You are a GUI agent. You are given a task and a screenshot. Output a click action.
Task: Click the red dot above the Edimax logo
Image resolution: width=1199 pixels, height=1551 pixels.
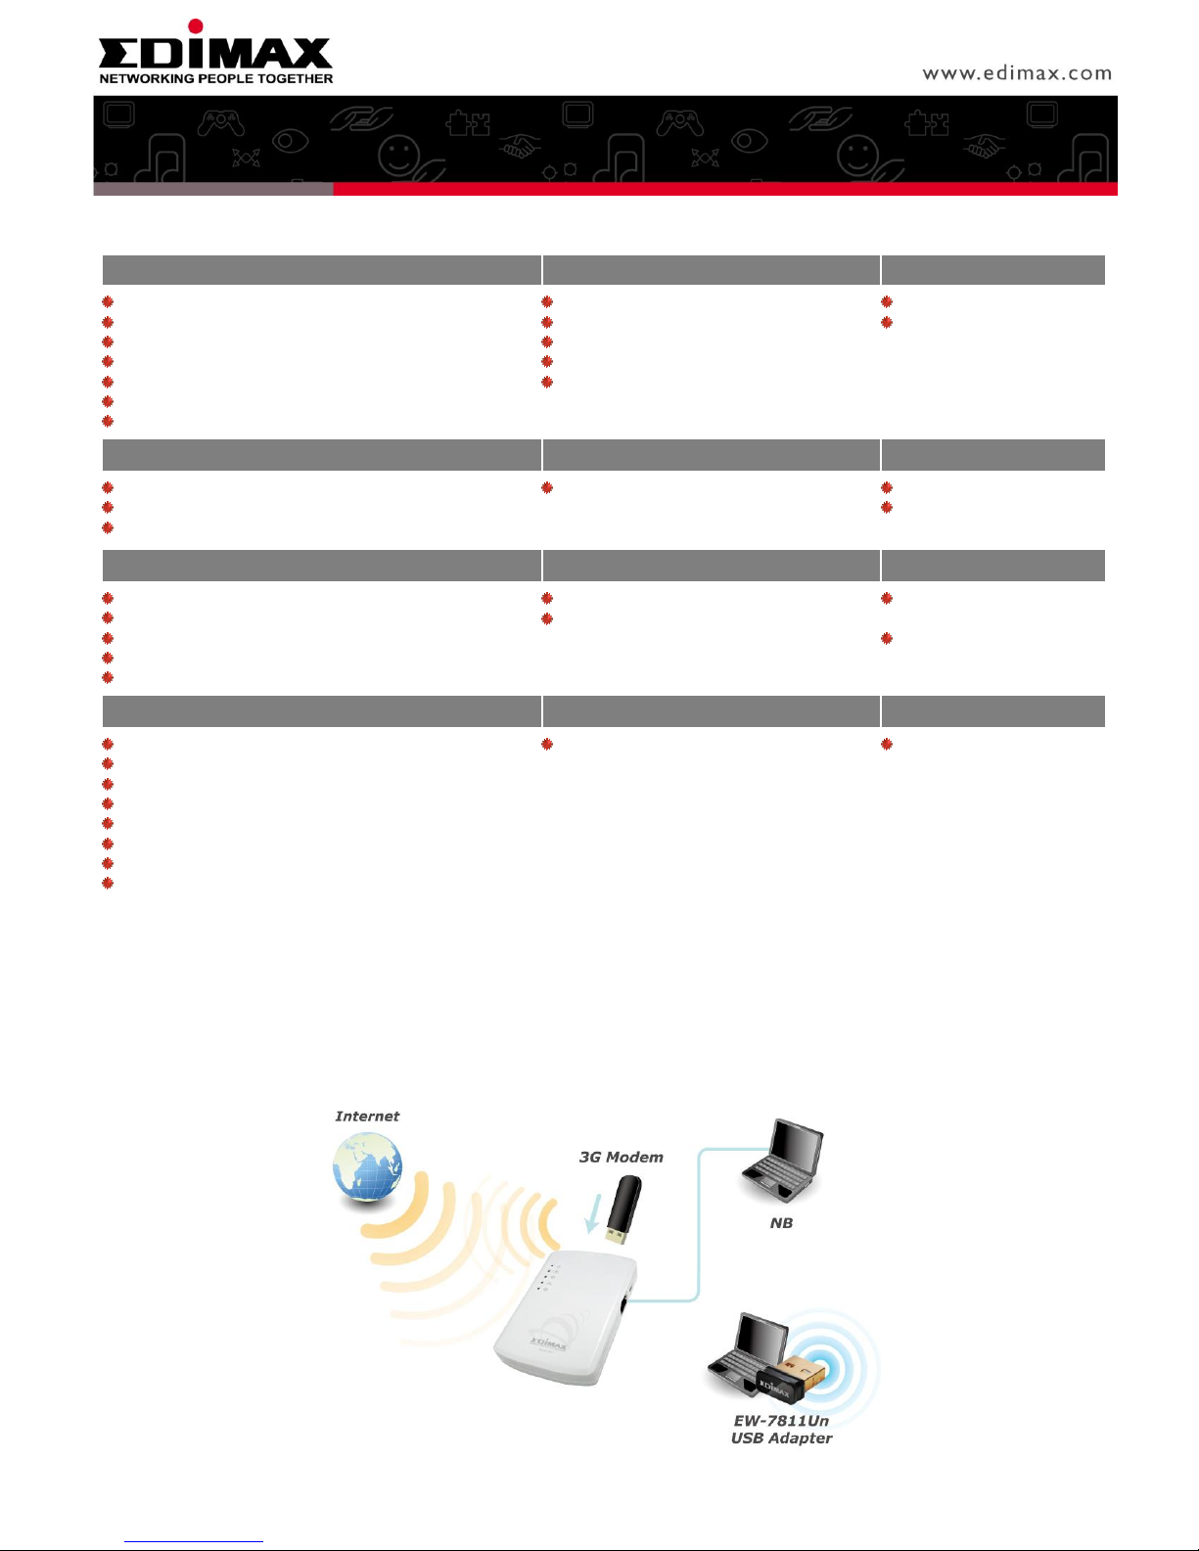(x=196, y=26)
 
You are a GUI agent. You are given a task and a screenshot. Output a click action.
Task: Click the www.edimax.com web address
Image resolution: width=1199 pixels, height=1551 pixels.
(x=1017, y=73)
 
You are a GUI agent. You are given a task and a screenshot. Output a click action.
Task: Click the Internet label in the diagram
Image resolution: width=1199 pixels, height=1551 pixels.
(x=367, y=1117)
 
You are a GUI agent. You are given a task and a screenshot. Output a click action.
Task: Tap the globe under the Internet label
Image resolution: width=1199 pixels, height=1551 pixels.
(x=368, y=1167)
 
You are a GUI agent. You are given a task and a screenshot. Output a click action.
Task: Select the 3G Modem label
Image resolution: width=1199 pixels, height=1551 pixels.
(x=621, y=1157)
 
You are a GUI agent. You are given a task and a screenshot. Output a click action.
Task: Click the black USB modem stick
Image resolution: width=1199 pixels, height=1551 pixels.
(x=623, y=1209)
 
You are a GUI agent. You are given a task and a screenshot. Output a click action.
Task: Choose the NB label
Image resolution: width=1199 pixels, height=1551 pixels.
(x=781, y=1223)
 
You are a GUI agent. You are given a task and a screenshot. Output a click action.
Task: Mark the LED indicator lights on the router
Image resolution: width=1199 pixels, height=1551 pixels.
(x=549, y=1279)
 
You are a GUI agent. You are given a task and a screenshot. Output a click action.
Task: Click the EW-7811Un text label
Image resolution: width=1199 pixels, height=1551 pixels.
(x=781, y=1421)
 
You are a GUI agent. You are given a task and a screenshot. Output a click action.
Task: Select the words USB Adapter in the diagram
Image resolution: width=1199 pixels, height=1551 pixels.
(x=781, y=1438)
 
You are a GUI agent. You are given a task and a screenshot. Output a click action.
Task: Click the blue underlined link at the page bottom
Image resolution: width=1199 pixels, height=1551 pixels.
(x=194, y=1542)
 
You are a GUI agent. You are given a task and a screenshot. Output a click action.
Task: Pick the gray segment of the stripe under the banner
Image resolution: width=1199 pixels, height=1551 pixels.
(x=213, y=189)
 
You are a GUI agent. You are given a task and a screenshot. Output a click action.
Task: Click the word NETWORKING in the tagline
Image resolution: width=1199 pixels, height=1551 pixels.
(x=147, y=78)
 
